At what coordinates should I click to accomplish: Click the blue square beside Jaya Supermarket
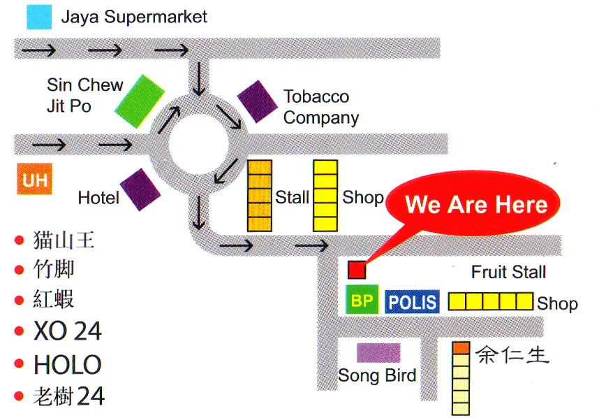pyautogui.click(x=39, y=17)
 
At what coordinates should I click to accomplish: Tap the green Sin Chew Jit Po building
pyautogui.click(x=140, y=101)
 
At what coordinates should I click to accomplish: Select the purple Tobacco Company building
pyautogui.click(x=258, y=102)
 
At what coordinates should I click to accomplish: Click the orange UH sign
pyautogui.click(x=34, y=179)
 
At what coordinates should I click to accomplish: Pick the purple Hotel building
pyautogui.click(x=140, y=189)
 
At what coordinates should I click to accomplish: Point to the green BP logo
pyautogui.click(x=362, y=299)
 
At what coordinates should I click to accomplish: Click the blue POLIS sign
pyautogui.click(x=412, y=302)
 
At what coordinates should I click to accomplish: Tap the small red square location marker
pyautogui.click(x=357, y=270)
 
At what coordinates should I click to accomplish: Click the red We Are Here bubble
pyautogui.click(x=473, y=203)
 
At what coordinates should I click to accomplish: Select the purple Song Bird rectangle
pyautogui.click(x=378, y=352)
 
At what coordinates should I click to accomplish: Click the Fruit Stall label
pyautogui.click(x=508, y=272)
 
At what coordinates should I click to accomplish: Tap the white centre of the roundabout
pyautogui.click(x=199, y=144)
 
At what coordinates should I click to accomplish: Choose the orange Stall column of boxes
pyautogui.click(x=260, y=196)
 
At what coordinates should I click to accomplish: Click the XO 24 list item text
pyautogui.click(x=68, y=331)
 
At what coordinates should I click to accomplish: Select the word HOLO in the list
pyautogui.click(x=68, y=364)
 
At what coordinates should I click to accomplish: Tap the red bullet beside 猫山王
pyautogui.click(x=19, y=240)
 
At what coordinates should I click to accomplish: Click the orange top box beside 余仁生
pyautogui.click(x=461, y=348)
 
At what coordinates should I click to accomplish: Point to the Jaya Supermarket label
pyautogui.click(x=134, y=17)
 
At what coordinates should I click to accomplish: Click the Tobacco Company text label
pyautogui.click(x=321, y=107)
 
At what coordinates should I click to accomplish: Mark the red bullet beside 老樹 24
pyautogui.click(x=19, y=396)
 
